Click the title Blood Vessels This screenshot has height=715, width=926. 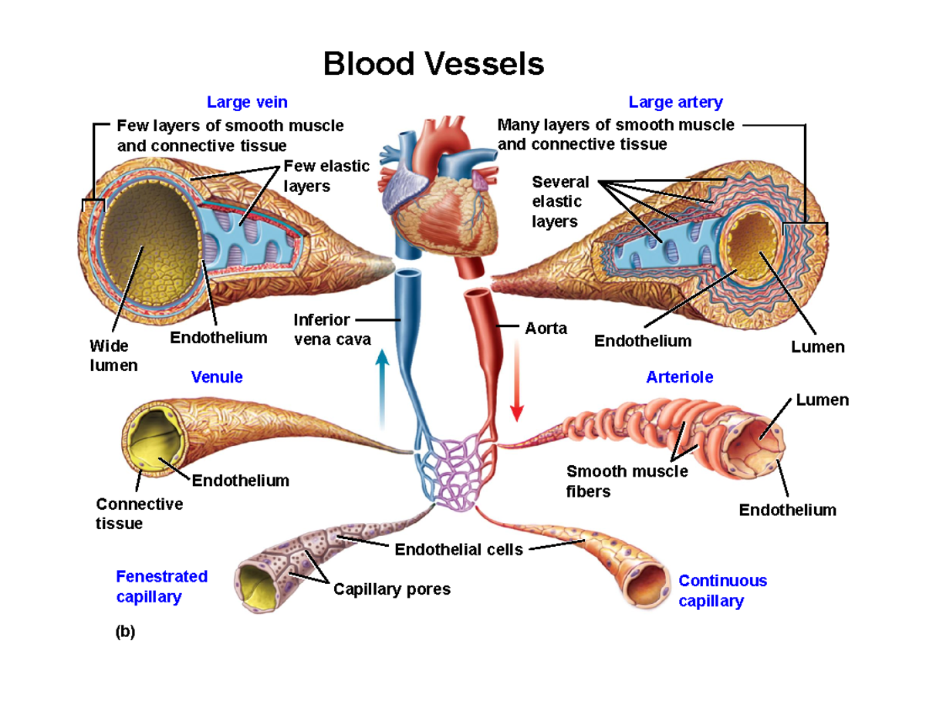tap(433, 64)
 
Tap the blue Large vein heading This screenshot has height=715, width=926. tap(247, 102)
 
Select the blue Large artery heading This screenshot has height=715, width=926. tap(675, 102)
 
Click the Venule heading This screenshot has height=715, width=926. tap(217, 377)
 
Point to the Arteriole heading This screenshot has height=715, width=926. tap(679, 377)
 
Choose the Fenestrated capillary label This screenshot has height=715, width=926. tap(161, 587)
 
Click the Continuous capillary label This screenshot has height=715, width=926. tap(722, 591)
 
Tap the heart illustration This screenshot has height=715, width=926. tap(436, 197)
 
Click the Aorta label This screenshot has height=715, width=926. tap(546, 329)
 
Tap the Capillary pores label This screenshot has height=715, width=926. tap(391, 589)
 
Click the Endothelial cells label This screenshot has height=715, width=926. tap(458, 550)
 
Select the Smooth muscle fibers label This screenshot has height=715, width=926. tap(627, 481)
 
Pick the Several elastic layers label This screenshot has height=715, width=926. tap(560, 201)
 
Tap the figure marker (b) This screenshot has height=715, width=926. tap(125, 632)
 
